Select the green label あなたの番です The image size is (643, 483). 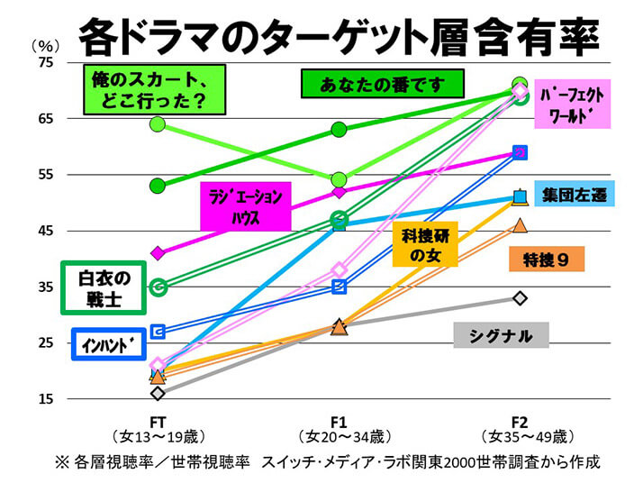click(382, 86)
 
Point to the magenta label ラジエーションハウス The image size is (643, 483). click(245, 207)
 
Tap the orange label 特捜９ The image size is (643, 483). click(548, 260)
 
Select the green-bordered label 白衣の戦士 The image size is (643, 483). click(105, 287)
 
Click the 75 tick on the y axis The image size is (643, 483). click(45, 63)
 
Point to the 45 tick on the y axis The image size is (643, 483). click(45, 232)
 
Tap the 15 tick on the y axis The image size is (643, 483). click(45, 399)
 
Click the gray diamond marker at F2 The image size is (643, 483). click(519, 298)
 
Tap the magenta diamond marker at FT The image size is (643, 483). click(158, 252)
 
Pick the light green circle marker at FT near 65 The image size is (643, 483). click(158, 123)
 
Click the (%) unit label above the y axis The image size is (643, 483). click(45, 44)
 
